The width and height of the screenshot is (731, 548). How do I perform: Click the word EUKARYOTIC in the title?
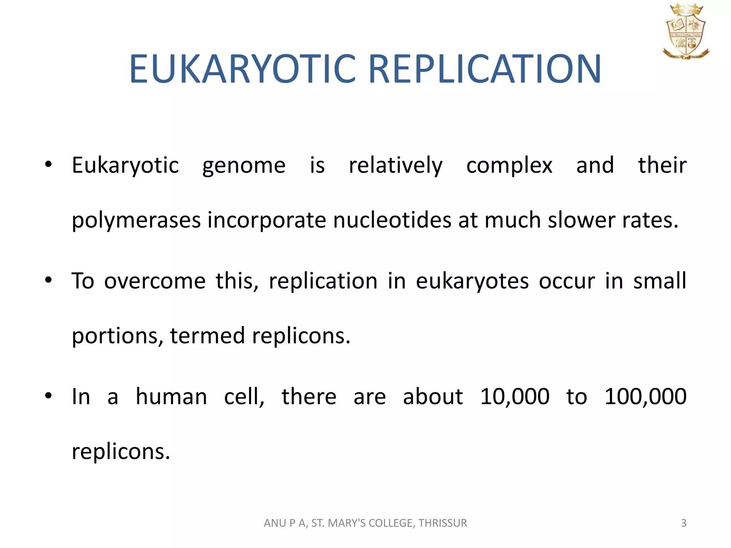click(x=243, y=69)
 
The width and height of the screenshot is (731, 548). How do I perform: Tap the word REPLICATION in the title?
click(x=484, y=69)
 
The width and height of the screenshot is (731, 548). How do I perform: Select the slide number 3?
click(x=684, y=523)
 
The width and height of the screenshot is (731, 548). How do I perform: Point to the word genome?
click(x=244, y=166)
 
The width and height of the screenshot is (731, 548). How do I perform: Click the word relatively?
click(x=395, y=166)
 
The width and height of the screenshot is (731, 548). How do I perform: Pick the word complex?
click(x=509, y=166)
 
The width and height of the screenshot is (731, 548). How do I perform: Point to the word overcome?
click(x=155, y=281)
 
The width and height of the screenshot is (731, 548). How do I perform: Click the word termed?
click(x=207, y=336)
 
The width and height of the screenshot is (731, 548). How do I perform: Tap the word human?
click(x=171, y=397)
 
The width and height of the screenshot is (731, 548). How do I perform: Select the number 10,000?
click(x=515, y=397)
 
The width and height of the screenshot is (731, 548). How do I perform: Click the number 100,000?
click(x=645, y=397)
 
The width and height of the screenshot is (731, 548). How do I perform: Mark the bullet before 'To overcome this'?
click(x=49, y=280)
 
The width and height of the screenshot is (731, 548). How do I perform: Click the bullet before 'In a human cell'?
click(x=49, y=396)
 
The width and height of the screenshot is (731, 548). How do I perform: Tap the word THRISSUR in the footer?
click(x=443, y=523)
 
